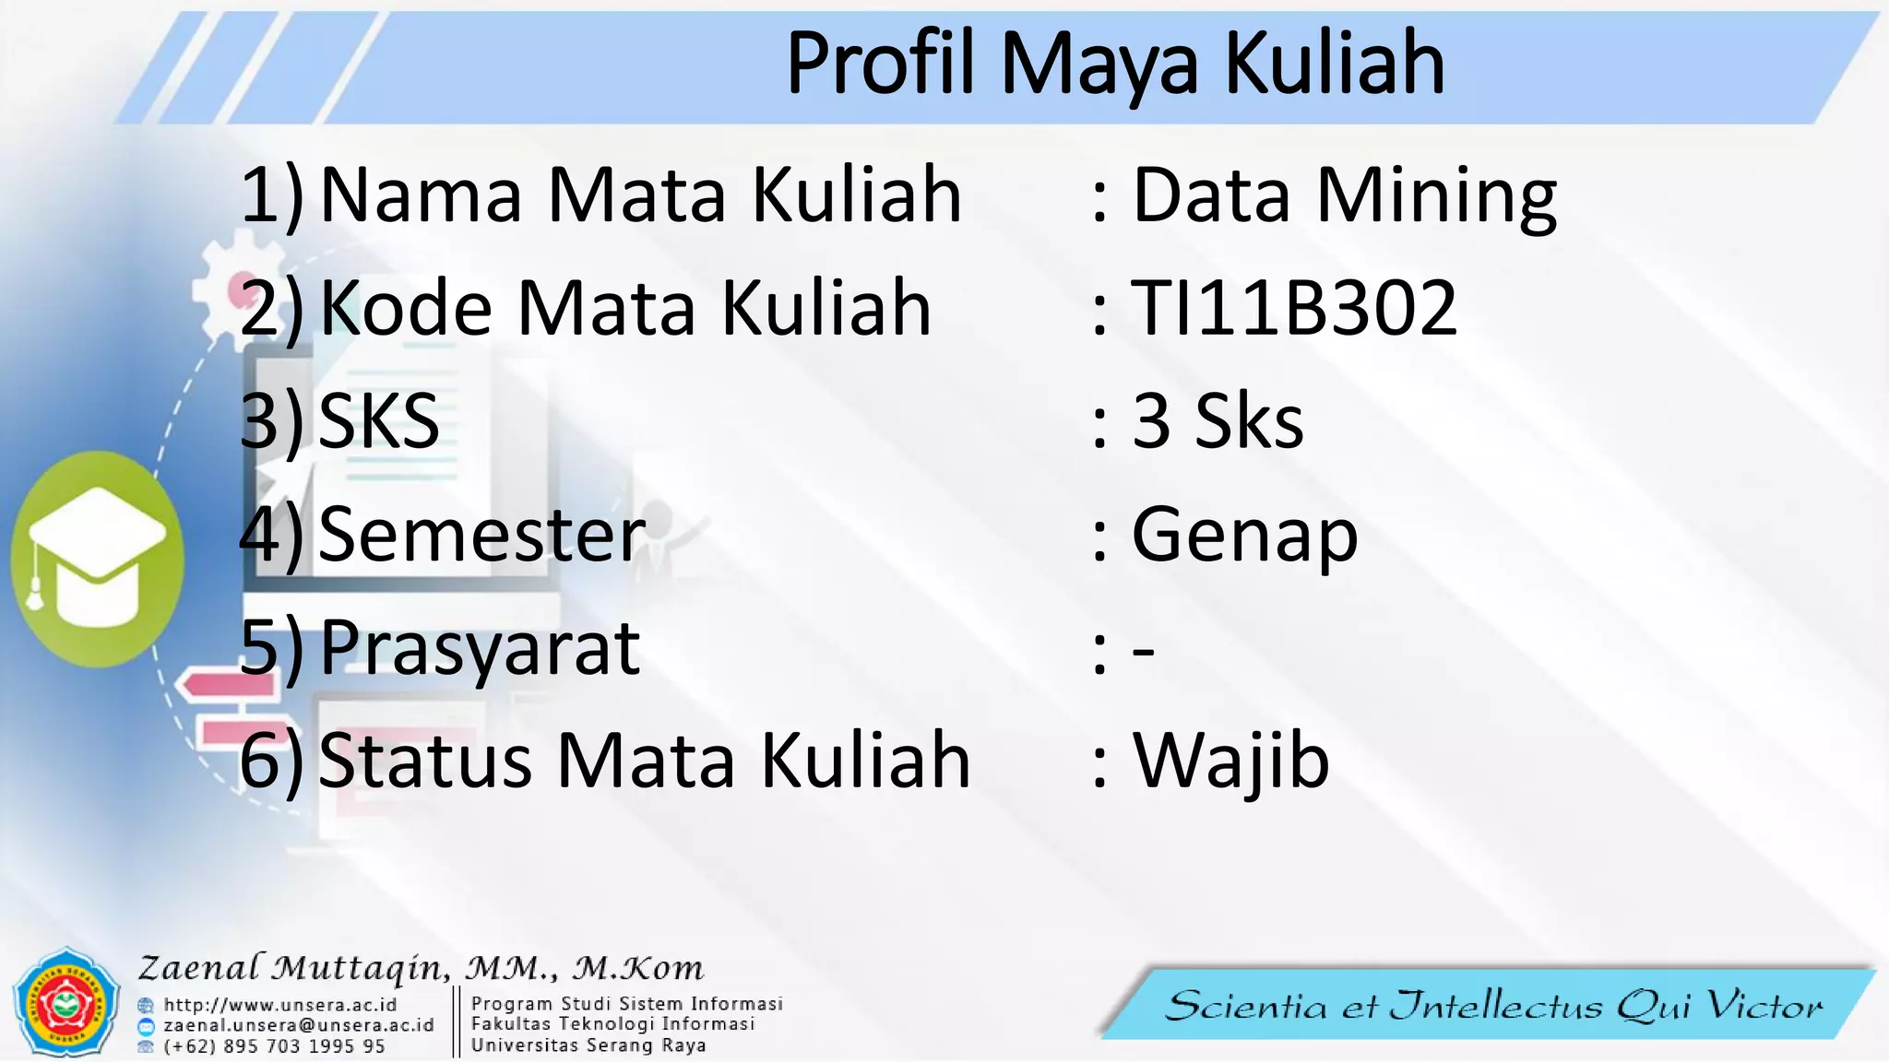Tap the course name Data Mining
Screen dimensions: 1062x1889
pyautogui.click(x=1344, y=195)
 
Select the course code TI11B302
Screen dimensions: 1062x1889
pyautogui.click(x=1294, y=308)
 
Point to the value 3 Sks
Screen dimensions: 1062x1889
pyautogui.click(x=1218, y=421)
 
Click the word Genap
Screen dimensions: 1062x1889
pyautogui.click(x=1244, y=536)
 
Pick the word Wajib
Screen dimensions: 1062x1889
pyautogui.click(x=1230, y=761)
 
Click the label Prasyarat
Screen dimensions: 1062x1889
pyautogui.click(x=480, y=649)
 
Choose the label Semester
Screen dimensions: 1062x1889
pyautogui.click(x=481, y=535)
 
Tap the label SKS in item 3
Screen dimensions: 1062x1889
pyautogui.click(x=378, y=421)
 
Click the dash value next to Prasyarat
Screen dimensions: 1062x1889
pyautogui.click(x=1143, y=651)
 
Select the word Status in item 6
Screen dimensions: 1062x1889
pyautogui.click(x=425, y=761)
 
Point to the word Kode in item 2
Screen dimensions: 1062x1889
pyautogui.click(x=406, y=308)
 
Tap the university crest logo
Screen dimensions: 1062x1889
pyautogui.click(x=65, y=1003)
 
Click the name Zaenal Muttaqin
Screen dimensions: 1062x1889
pyautogui.click(x=293, y=968)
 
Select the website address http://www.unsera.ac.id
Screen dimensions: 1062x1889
pyautogui.click(x=279, y=1005)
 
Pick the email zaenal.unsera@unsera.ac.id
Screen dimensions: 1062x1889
pyautogui.click(x=298, y=1025)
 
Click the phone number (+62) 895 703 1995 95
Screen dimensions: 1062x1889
pyautogui.click(x=274, y=1046)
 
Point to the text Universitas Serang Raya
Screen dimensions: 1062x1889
pyautogui.click(x=588, y=1045)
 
